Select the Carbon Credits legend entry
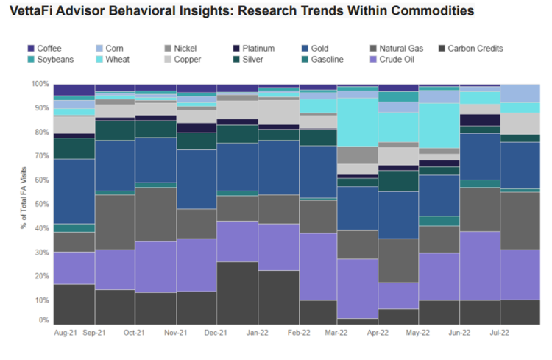475,49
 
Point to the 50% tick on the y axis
41,204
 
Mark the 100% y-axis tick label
40,84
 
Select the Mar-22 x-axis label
336,333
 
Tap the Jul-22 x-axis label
501,333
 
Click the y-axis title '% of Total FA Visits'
24,203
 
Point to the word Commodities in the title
430,13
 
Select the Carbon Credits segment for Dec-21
237,292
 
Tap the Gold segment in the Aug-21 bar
73,191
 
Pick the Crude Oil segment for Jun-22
480,266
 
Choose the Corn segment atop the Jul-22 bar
520,93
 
